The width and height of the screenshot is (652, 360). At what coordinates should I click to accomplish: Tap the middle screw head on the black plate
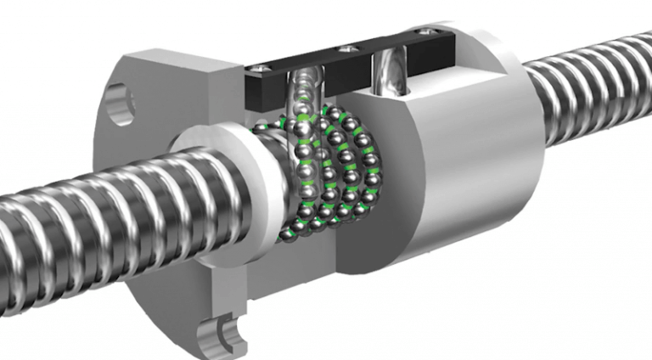[345, 50]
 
